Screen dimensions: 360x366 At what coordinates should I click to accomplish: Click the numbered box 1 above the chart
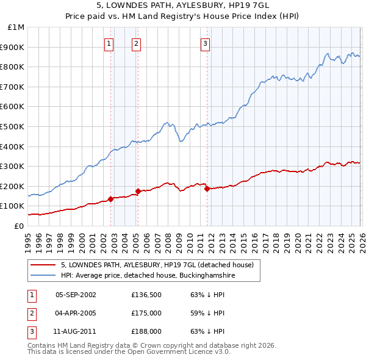(x=109, y=43)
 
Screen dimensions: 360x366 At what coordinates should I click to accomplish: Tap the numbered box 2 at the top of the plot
(x=135, y=43)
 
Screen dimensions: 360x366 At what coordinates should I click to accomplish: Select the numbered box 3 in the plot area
(x=206, y=43)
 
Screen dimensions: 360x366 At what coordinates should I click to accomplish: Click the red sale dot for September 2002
(x=110, y=199)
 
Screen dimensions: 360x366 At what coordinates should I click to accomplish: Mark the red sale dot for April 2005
(x=138, y=191)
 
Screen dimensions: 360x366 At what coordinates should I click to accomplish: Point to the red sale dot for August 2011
(x=207, y=189)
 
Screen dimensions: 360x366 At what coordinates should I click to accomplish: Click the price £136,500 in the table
(x=146, y=295)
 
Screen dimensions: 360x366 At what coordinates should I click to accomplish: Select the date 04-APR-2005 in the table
(x=76, y=313)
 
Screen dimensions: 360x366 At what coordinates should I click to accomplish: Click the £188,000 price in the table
(x=146, y=331)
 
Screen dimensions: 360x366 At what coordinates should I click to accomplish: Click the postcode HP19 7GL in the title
(x=248, y=5)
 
